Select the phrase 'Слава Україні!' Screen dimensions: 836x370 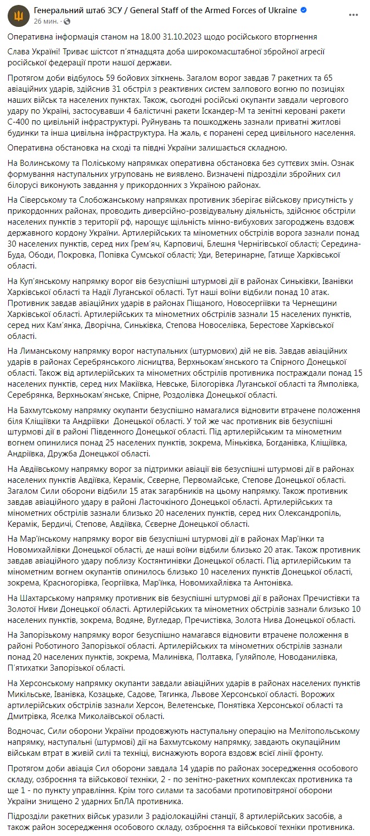(34, 51)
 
